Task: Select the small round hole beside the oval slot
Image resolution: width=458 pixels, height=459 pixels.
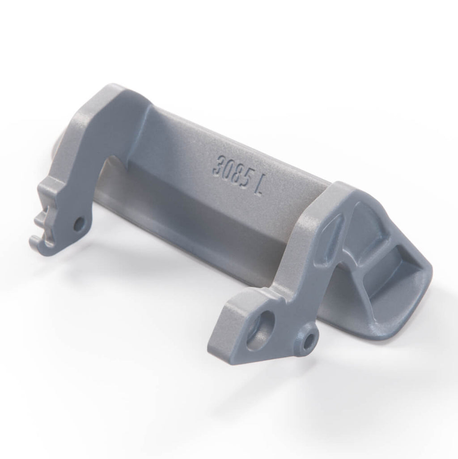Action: [x=308, y=342]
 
